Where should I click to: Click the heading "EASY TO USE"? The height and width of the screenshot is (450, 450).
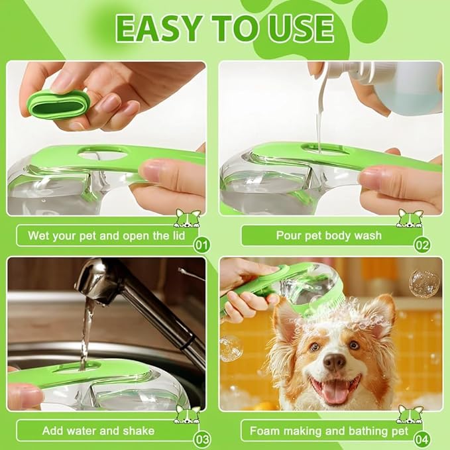[225, 28]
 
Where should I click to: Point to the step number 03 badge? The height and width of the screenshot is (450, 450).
[203, 439]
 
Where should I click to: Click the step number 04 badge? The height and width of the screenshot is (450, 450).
[422, 439]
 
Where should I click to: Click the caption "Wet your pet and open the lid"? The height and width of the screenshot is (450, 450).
[107, 235]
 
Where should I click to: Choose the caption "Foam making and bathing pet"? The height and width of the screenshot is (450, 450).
[319, 431]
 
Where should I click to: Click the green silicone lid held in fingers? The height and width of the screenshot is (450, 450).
[58, 104]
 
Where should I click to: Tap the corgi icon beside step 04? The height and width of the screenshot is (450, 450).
[409, 414]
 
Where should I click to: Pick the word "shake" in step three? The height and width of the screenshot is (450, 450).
[137, 431]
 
